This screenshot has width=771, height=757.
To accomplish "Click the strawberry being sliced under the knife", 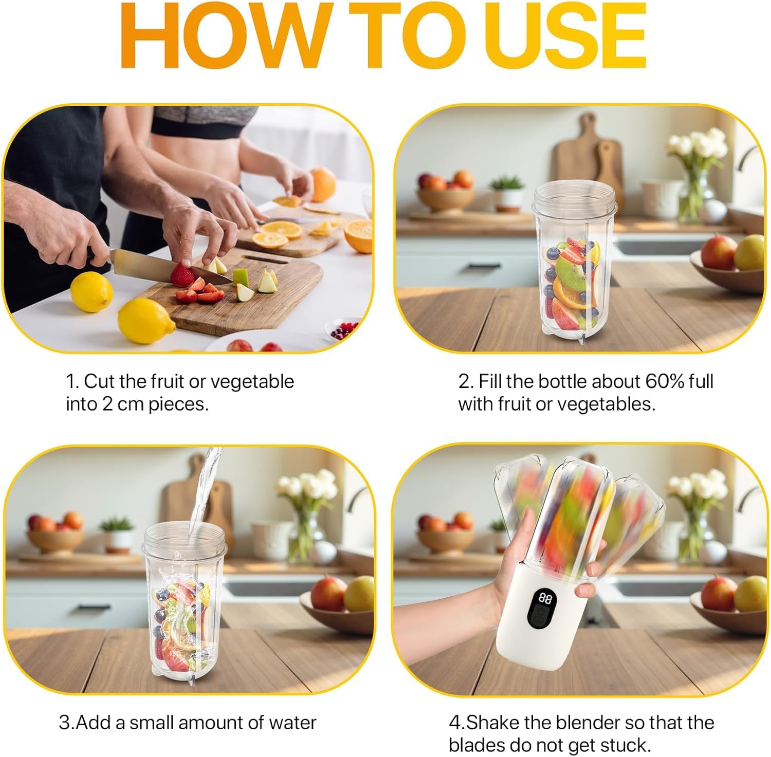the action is [182, 275].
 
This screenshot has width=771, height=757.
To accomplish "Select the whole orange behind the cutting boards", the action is [323, 184].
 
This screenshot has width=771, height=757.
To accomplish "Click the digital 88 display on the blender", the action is [545, 599].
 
